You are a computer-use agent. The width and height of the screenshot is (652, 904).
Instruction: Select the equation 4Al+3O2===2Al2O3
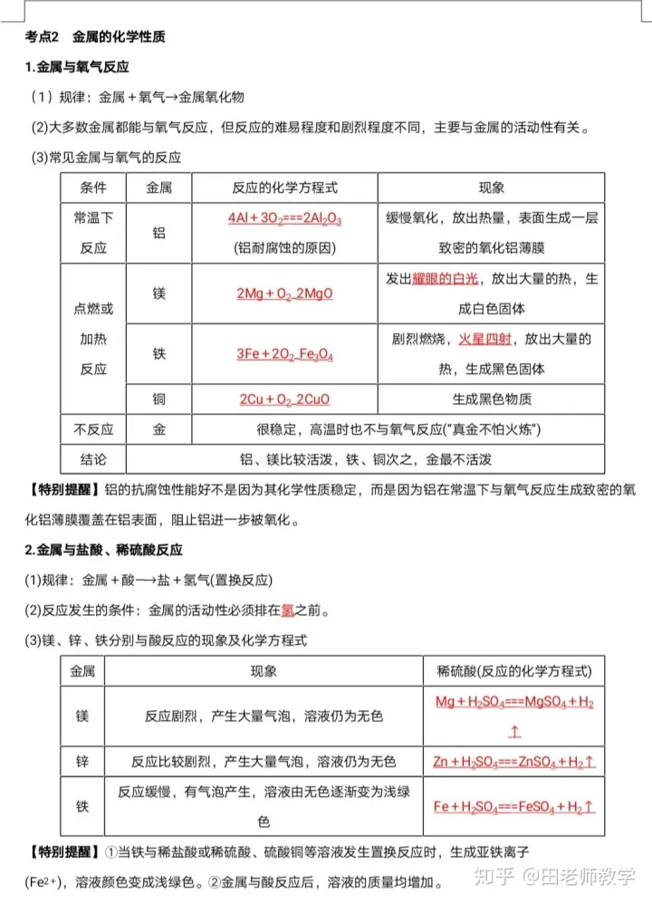tap(284, 219)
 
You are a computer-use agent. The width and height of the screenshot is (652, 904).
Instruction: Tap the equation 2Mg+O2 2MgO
tap(284, 293)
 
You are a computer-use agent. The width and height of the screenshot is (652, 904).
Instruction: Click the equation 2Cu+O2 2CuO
tap(284, 399)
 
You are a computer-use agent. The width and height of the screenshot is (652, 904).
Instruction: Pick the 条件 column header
tap(93, 188)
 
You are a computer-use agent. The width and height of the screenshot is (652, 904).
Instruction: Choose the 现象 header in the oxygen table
tap(491, 188)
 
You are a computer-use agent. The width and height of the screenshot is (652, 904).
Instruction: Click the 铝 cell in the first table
tap(159, 233)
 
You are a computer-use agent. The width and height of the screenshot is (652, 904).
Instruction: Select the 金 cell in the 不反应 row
tap(159, 430)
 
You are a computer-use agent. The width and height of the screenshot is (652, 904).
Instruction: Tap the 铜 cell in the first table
tap(159, 399)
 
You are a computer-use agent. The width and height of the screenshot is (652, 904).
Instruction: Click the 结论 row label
tap(93, 459)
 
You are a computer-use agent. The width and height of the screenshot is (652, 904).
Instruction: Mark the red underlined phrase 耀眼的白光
tap(447, 279)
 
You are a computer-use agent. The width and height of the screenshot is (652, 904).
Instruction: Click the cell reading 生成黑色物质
tap(491, 399)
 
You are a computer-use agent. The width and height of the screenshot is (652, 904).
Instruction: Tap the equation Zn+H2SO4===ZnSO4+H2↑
tap(513, 762)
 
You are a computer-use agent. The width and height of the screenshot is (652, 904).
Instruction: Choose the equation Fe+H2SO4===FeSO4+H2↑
tap(513, 806)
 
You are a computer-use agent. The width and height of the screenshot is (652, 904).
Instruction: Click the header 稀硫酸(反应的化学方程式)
tap(513, 671)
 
